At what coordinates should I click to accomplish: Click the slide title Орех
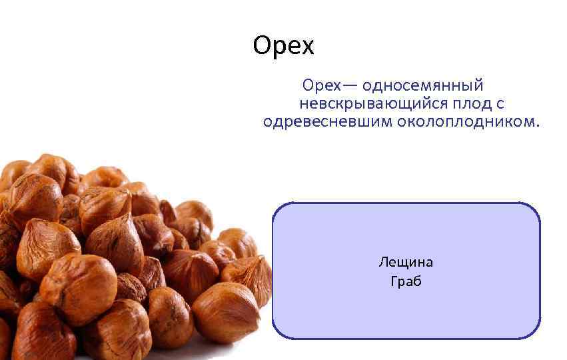pos(283,46)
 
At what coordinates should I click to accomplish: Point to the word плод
pos(471,104)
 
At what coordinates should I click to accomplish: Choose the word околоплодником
pos(466,122)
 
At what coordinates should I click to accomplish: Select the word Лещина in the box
pos(406,262)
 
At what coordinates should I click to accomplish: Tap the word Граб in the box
pos(406,281)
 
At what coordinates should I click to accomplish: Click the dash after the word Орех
pos(350,87)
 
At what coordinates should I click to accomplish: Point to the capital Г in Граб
pos(393,281)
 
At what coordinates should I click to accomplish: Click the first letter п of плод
pos(456,105)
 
